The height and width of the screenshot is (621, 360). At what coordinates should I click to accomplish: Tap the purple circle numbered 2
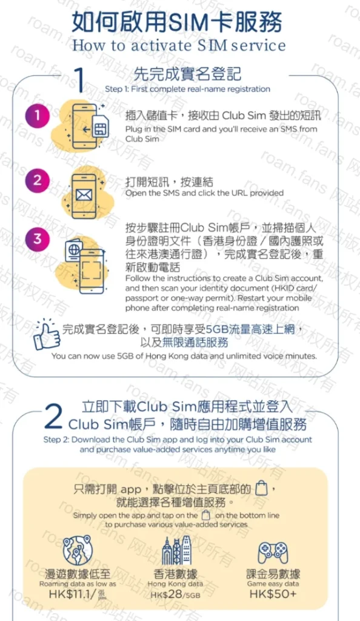pyautogui.click(x=38, y=180)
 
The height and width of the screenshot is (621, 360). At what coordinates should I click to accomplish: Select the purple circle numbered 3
pyautogui.click(x=38, y=238)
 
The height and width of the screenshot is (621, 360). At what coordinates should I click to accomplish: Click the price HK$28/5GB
pyautogui.click(x=176, y=595)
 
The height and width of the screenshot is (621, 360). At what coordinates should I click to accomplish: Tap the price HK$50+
pyautogui.click(x=273, y=594)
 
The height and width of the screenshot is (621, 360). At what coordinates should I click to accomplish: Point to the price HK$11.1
pyautogui.click(x=71, y=594)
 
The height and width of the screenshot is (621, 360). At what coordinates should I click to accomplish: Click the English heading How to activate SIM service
pyautogui.click(x=179, y=45)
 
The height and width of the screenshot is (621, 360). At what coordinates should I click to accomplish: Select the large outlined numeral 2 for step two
pyautogui.click(x=54, y=417)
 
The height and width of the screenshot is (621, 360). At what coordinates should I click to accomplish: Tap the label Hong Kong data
pyautogui.click(x=176, y=583)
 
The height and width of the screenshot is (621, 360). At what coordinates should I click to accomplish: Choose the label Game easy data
pyautogui.click(x=273, y=583)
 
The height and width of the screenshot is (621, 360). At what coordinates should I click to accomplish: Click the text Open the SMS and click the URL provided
pyautogui.click(x=204, y=193)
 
